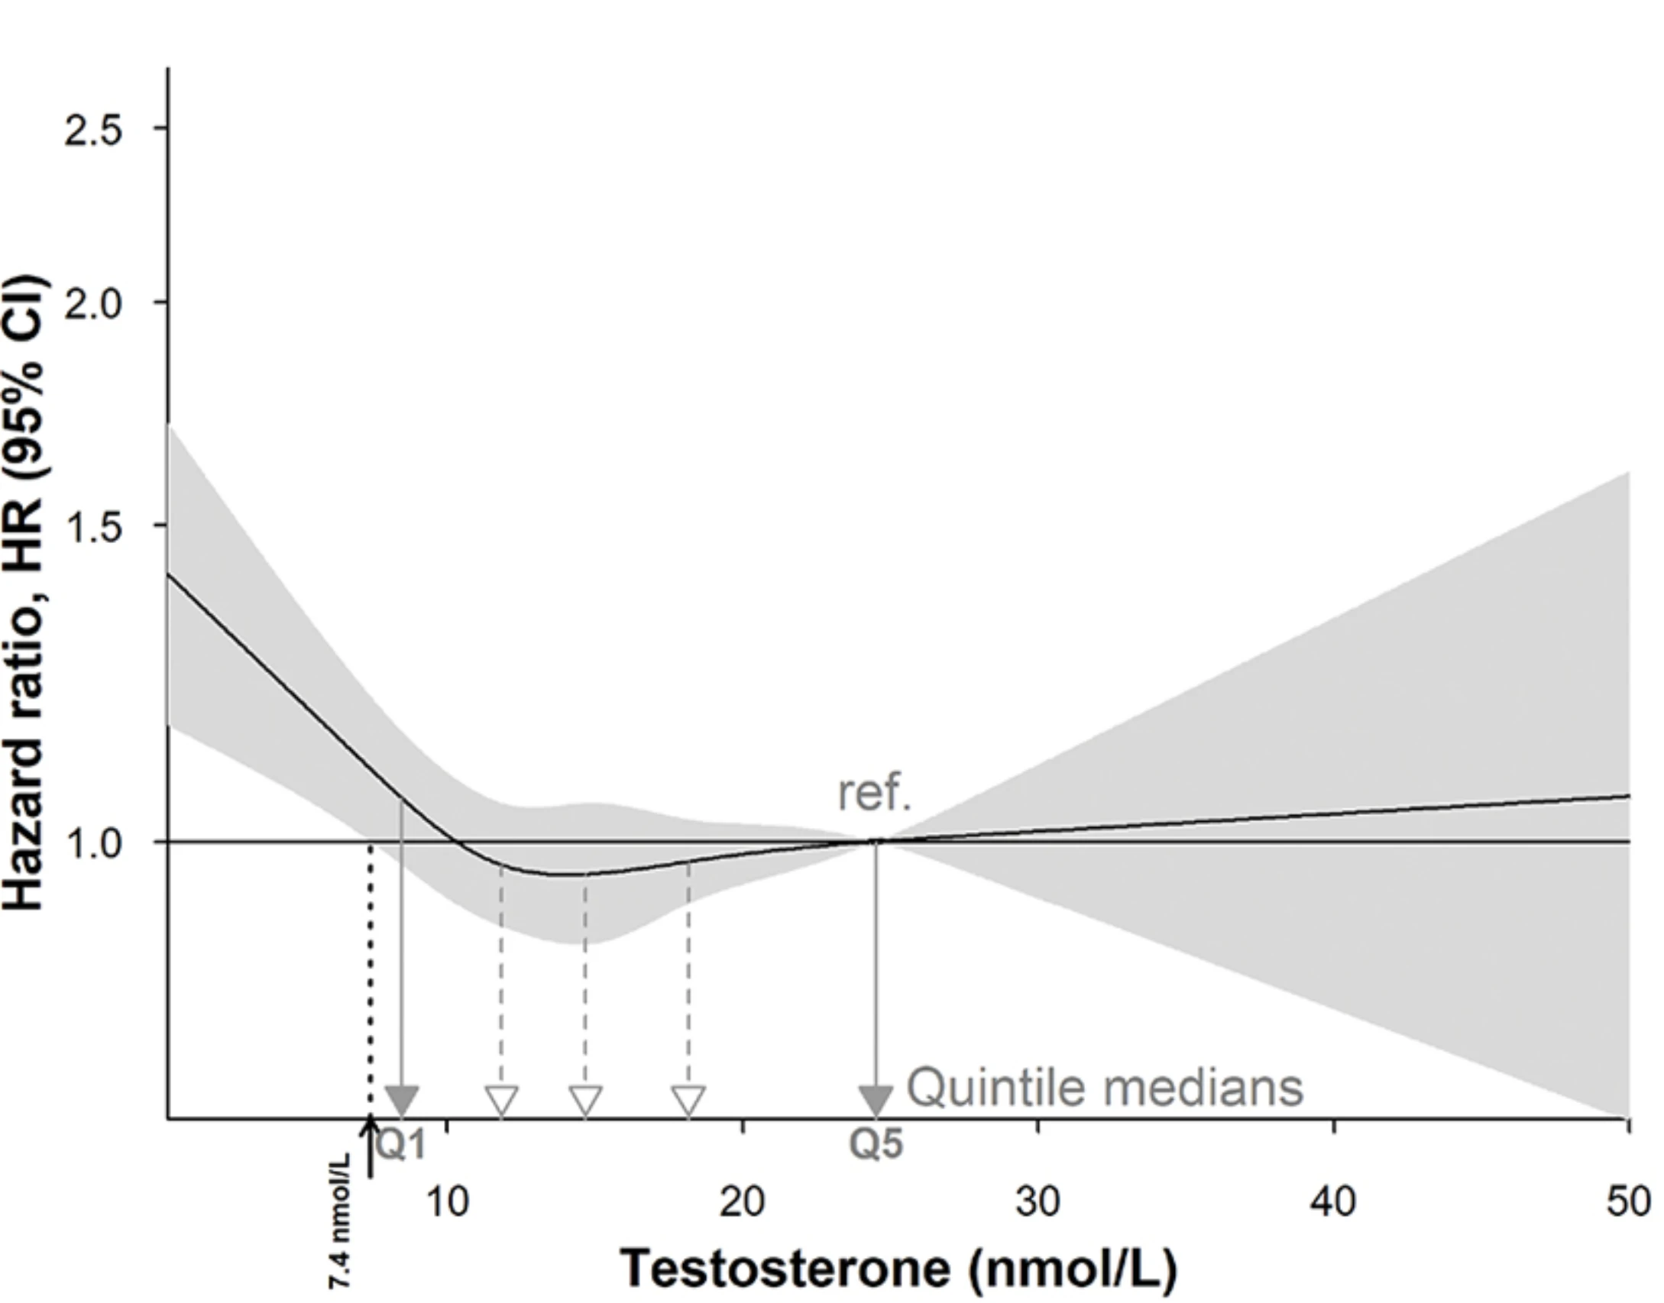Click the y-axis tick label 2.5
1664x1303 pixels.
(x=92, y=131)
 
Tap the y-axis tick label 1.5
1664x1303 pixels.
(x=92, y=528)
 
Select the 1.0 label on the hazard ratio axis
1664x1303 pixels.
(x=92, y=844)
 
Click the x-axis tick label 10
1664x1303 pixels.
(x=447, y=1203)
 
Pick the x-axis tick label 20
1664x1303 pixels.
(x=742, y=1203)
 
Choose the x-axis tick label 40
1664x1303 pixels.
(x=1333, y=1203)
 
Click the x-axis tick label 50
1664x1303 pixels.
(x=1629, y=1203)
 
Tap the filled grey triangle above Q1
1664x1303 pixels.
(x=402, y=1101)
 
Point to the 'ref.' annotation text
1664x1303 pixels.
(x=875, y=794)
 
